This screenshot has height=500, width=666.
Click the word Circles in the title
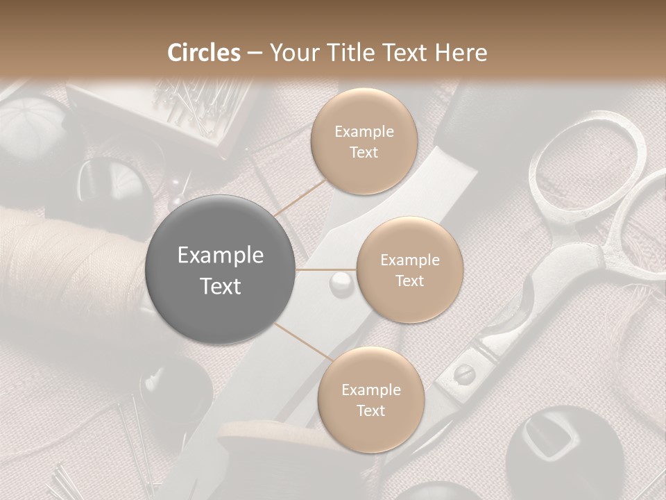204,53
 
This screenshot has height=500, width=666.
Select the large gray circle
221,270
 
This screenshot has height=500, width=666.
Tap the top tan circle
364,141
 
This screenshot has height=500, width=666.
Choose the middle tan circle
409,269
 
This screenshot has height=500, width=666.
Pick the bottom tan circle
370,399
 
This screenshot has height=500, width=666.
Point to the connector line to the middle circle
326,269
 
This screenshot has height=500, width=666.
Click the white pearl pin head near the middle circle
341,281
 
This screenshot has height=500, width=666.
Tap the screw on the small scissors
463,374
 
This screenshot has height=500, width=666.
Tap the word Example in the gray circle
221,256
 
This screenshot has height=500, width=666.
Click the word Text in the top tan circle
364,152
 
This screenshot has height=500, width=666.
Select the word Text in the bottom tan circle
370,410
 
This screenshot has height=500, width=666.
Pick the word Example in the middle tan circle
409,260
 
